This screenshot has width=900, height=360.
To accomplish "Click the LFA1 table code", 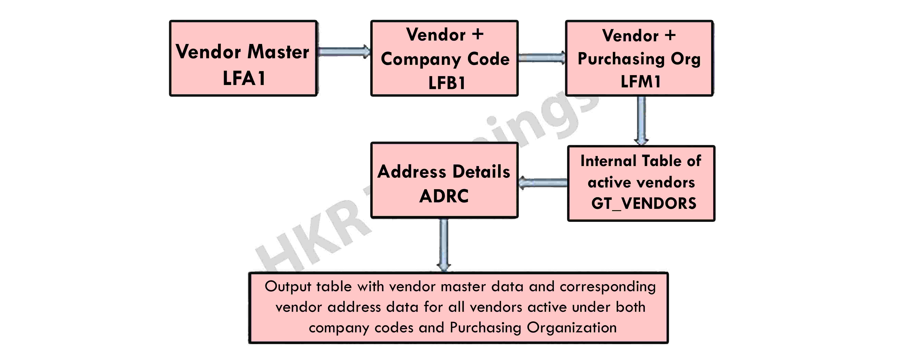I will pyautogui.click(x=244, y=78).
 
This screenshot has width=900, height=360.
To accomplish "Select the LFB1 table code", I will pyautogui.click(x=446, y=83).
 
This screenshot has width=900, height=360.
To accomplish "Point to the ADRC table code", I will pyautogui.click(x=444, y=196).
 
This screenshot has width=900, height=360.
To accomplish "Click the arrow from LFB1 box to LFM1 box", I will pyautogui.click(x=542, y=58).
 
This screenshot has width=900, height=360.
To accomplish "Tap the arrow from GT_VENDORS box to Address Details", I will pyautogui.click(x=543, y=182).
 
